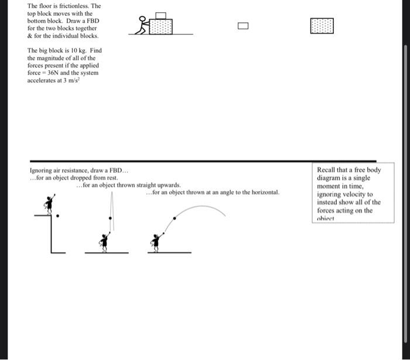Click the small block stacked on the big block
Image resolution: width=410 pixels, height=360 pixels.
(x=162, y=16)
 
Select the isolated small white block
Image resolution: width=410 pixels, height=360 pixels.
(x=243, y=25)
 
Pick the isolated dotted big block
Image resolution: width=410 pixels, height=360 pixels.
(x=322, y=25)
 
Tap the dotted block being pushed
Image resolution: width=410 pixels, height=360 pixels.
(x=160, y=26)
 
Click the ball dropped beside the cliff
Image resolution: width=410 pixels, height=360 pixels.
(x=57, y=216)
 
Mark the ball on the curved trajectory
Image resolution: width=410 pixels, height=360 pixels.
(x=173, y=219)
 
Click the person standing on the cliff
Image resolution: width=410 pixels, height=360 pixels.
(x=49, y=203)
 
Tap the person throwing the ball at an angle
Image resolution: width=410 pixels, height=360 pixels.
(x=156, y=240)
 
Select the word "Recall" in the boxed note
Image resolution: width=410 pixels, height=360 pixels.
(x=327, y=170)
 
